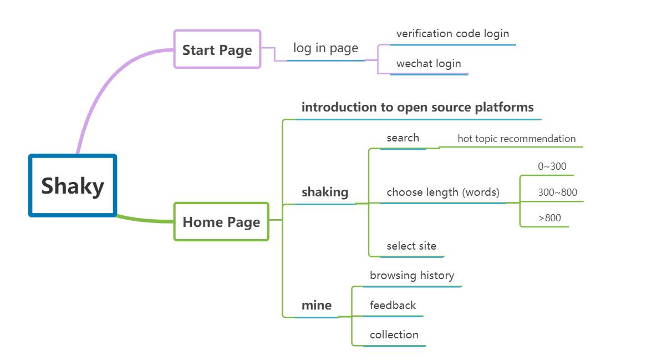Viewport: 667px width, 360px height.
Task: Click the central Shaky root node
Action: point(73,185)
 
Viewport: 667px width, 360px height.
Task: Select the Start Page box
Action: point(217,49)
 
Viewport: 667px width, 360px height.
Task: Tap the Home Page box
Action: point(221,221)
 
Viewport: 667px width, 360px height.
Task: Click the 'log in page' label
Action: point(326,48)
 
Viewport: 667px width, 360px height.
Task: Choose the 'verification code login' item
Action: point(452,34)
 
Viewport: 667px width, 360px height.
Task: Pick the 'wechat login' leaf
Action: point(429,63)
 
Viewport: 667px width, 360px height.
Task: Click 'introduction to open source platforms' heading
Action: point(417,107)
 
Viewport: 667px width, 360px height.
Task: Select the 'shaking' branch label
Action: point(325,192)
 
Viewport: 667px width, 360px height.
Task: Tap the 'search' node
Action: point(403,138)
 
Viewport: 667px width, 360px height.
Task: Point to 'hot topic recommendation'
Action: point(517,139)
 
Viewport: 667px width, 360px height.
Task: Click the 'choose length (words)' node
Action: point(443,192)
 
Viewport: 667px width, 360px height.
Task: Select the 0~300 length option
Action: point(552,166)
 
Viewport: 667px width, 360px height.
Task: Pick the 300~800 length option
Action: point(557,192)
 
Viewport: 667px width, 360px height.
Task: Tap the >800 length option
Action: point(549,218)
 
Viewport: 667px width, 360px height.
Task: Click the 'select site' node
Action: point(411,246)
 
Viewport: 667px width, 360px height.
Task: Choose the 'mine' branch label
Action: point(317,305)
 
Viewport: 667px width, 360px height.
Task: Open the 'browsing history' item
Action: point(412,275)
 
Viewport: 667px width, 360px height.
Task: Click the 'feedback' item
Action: point(393,305)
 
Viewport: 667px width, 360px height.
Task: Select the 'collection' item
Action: point(394,334)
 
